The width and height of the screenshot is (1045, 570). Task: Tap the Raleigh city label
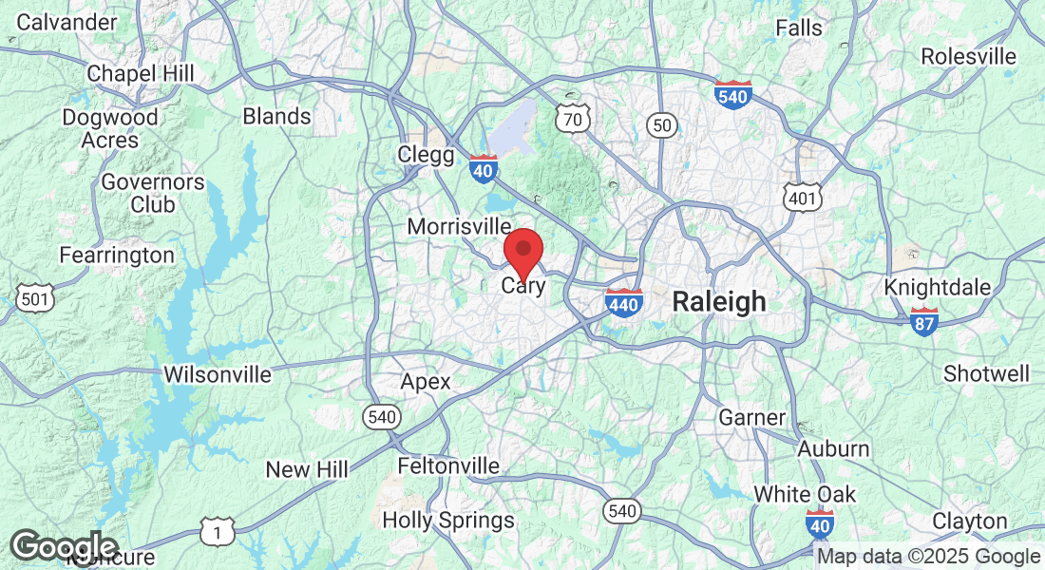[x=719, y=302]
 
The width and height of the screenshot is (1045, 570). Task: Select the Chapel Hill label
[x=141, y=73]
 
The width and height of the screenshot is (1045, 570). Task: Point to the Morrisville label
[x=459, y=226]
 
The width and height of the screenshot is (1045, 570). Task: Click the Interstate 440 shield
[x=623, y=302]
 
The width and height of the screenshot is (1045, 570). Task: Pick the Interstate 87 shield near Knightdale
[x=923, y=321]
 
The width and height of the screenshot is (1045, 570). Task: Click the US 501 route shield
[x=35, y=299]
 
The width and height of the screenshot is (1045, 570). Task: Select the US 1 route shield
[x=218, y=533]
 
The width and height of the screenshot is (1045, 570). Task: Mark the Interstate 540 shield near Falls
[x=733, y=95]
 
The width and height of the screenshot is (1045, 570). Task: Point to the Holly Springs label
[x=448, y=521]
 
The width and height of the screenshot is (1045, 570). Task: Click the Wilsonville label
[x=218, y=374]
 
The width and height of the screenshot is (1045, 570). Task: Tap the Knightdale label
[x=938, y=287]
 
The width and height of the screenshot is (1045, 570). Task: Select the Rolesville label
[x=969, y=56]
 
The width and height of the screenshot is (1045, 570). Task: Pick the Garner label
[x=752, y=417]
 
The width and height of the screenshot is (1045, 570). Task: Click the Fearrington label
[x=117, y=256]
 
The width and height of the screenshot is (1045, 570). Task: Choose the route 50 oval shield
[x=663, y=124]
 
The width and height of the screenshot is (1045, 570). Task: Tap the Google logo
[x=63, y=546]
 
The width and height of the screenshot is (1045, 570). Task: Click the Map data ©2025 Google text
[x=929, y=557]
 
